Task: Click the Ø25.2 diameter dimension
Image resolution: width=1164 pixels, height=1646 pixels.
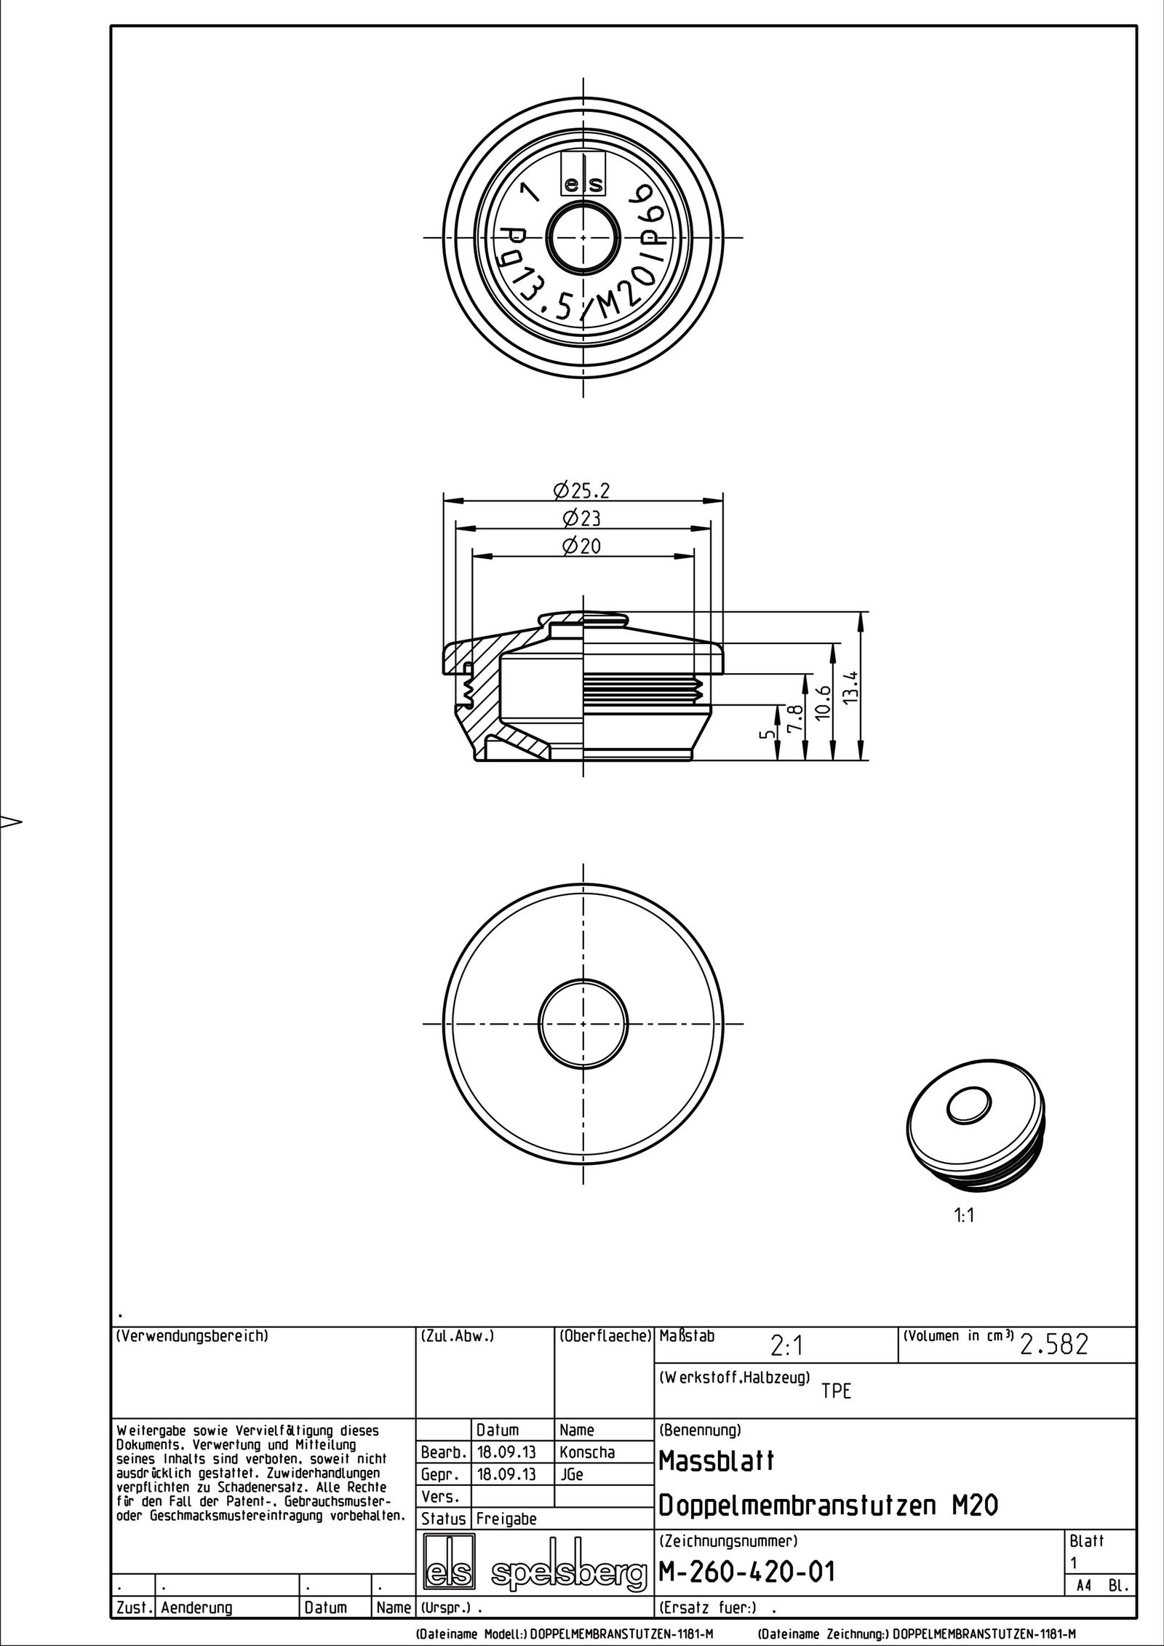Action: (x=581, y=491)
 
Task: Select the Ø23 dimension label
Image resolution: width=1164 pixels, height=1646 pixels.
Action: (x=581, y=519)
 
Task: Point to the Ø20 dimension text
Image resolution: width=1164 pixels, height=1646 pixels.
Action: (x=581, y=546)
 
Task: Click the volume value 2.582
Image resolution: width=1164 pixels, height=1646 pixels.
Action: (x=1054, y=1345)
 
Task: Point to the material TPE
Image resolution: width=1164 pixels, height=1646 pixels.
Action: (x=836, y=1391)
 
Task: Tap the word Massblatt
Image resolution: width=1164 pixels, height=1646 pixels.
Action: (x=717, y=1460)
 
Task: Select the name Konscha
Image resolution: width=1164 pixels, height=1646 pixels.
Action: (x=587, y=1452)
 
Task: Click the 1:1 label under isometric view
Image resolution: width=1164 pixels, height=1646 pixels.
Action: (x=964, y=1216)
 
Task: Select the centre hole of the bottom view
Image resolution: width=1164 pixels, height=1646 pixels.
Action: (x=584, y=1023)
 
